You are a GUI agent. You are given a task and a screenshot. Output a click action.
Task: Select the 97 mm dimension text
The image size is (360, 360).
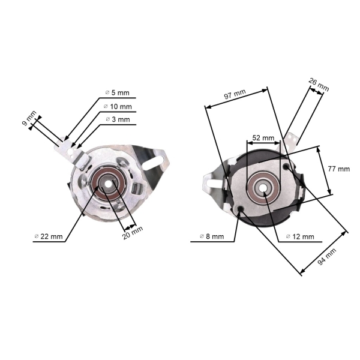[235, 95]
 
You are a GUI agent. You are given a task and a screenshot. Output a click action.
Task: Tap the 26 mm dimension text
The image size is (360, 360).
[320, 85]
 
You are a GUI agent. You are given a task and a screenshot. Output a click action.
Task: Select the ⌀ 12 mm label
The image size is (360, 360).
[300, 236]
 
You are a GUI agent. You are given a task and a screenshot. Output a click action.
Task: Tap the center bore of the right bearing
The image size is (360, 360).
[264, 188]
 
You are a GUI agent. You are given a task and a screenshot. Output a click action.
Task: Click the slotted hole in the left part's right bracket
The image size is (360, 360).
[161, 160]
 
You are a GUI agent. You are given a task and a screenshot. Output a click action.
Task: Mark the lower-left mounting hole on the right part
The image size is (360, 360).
[241, 209]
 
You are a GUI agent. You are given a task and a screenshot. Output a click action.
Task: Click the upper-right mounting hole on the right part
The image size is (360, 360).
[286, 166]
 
